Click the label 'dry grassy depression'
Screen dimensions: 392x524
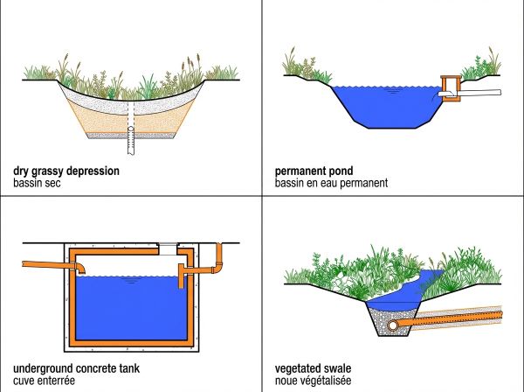pyautogui.click(x=66, y=171)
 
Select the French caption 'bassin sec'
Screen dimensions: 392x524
pyautogui.click(x=40, y=185)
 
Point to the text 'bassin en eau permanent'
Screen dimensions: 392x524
pyautogui.click(x=343, y=185)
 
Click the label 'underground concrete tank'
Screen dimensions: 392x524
pyautogui.click(x=76, y=367)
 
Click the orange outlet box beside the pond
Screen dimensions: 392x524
pyautogui.click(x=452, y=88)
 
